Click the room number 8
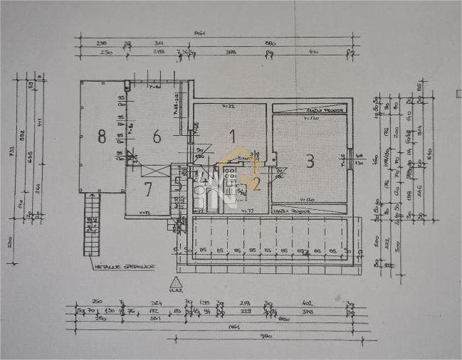point(102,136)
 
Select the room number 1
point(231,133)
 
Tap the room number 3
point(310,162)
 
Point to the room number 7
point(148,189)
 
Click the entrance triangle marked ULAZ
point(177,282)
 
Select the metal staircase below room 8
point(91,226)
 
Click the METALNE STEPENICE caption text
point(117,268)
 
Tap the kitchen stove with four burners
point(231,187)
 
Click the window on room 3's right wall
point(350,158)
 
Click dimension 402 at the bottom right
point(308,303)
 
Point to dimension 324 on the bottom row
point(156,303)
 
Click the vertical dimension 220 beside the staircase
point(11,242)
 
